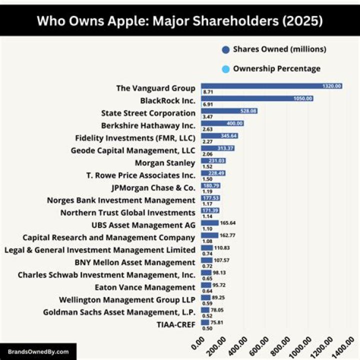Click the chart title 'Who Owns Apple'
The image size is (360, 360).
[x=180, y=21]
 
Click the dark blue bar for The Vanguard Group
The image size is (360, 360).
[x=271, y=86]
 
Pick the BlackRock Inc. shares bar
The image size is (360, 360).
[x=256, y=98]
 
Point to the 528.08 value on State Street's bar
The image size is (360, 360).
[x=248, y=111]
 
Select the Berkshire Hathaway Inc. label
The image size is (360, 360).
[x=148, y=125]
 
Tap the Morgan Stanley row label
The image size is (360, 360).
[x=165, y=163]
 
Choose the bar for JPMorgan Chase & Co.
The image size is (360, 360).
[x=210, y=185]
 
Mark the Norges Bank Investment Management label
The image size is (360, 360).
[x=121, y=200]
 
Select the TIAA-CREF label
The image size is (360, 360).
[x=176, y=325]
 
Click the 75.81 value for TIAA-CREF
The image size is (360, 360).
[x=217, y=322]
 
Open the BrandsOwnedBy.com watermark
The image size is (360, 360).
[x=38, y=351]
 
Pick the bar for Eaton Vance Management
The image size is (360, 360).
[x=206, y=285]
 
